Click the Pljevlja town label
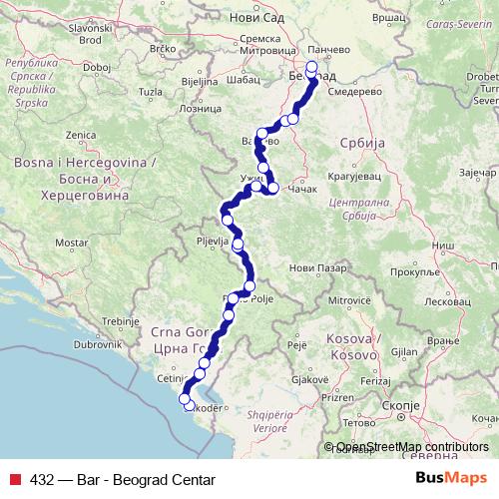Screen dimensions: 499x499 pyautogui.click(x=214, y=241)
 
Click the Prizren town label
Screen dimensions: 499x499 pyautogui.click(x=340, y=396)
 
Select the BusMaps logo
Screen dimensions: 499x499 pyautogui.click(x=451, y=479)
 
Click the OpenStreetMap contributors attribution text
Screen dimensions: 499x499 pyautogui.click(x=412, y=447)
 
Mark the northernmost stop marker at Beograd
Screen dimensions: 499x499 pyautogui.click(x=311, y=68)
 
